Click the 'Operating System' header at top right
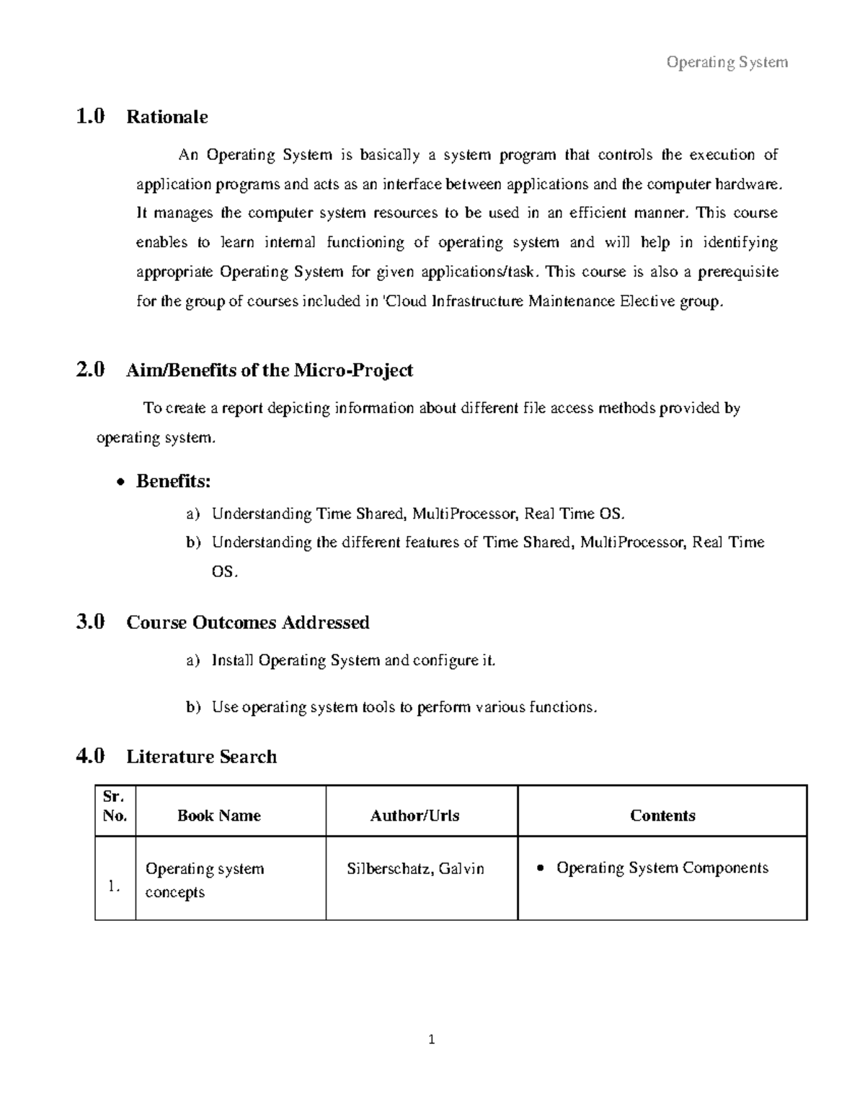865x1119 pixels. coord(727,63)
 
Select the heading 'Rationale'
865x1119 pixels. coord(167,117)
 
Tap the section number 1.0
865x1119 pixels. coord(90,116)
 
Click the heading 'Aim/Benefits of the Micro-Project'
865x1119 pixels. coord(269,370)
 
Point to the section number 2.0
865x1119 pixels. coord(90,370)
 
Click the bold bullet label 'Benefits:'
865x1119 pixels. coord(173,481)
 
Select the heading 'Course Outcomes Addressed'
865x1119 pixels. coord(247,623)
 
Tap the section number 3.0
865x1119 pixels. coord(90,622)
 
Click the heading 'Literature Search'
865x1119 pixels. coord(201,757)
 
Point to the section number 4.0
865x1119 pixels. coord(90,756)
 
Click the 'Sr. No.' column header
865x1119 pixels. coord(115,806)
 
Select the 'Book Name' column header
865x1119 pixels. coord(218,816)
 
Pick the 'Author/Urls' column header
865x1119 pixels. coord(414,816)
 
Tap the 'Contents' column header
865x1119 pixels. coord(662,816)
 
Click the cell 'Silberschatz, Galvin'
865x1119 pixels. coord(415,869)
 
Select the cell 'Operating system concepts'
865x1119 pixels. coord(205,880)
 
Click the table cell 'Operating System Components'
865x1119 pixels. coord(662,868)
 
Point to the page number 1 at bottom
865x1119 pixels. coord(431,1040)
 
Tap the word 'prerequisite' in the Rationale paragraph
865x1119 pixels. coord(737,272)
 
